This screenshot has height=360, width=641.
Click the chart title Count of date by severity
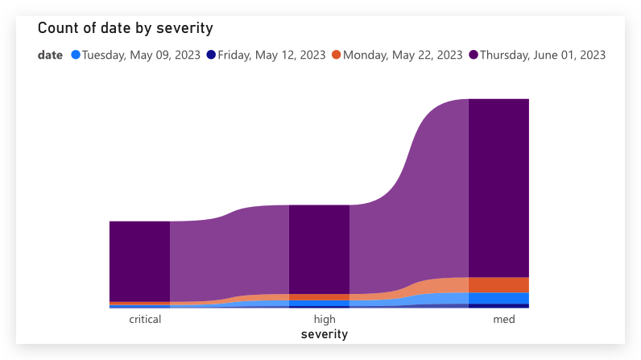pyautogui.click(x=125, y=28)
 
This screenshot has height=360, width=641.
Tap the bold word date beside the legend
pyautogui.click(x=50, y=55)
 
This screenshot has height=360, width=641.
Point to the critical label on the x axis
pyautogui.click(x=145, y=319)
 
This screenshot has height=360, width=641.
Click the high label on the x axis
pyautogui.click(x=325, y=319)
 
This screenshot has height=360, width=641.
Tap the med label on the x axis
pyautogui.click(x=504, y=319)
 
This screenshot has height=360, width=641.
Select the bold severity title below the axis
pyautogui.click(x=325, y=333)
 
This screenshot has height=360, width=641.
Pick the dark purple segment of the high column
pyautogui.click(x=319, y=249)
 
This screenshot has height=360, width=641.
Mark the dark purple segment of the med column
pyautogui.click(x=498, y=188)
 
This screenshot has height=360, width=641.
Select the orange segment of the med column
pyautogui.click(x=498, y=285)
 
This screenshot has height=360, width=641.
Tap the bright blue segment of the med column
pyautogui.click(x=498, y=298)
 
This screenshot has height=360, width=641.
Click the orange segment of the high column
pyautogui.click(x=319, y=297)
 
